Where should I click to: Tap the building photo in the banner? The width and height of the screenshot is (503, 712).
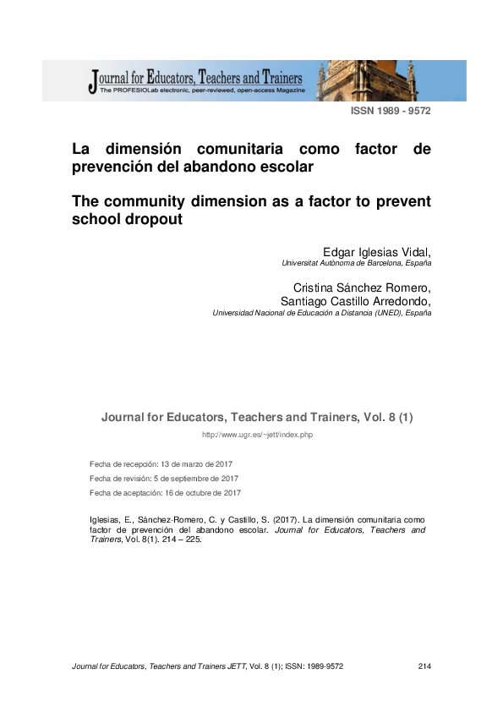[x=390, y=80]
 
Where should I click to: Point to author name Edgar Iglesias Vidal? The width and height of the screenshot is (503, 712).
[x=376, y=252]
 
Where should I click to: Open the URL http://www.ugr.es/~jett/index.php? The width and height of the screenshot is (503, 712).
[x=257, y=435]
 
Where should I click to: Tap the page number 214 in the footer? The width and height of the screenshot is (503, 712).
[x=424, y=667]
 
